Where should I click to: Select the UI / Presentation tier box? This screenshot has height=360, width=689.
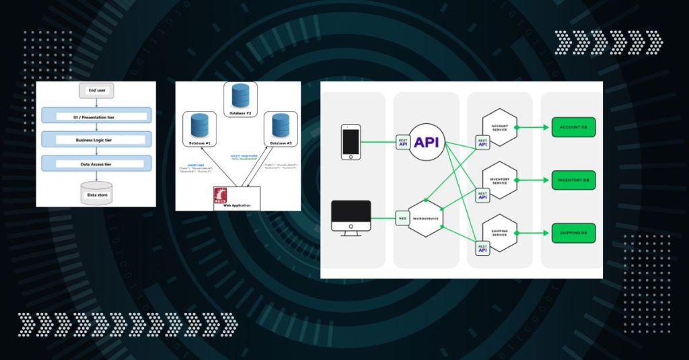(96, 117)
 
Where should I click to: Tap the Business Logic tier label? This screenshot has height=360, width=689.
(96, 139)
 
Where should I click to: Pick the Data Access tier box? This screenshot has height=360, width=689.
(96, 164)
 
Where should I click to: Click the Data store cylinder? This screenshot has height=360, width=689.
(96, 192)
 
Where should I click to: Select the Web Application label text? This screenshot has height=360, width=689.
(235, 207)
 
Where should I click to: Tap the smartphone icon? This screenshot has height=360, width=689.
(351, 141)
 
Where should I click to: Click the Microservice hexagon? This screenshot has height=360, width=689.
(425, 217)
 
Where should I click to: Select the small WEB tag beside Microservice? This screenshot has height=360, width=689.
(403, 217)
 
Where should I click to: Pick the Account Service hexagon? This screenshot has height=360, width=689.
(499, 127)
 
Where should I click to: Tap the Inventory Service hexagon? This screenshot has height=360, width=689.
(500, 180)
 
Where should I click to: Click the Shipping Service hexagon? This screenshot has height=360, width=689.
(500, 233)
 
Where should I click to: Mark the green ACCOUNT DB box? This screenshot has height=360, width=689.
(573, 127)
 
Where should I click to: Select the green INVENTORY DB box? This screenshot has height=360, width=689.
(573, 180)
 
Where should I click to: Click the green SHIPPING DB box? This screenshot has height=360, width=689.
(573, 233)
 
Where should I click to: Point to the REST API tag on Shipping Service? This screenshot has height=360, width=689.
(482, 248)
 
